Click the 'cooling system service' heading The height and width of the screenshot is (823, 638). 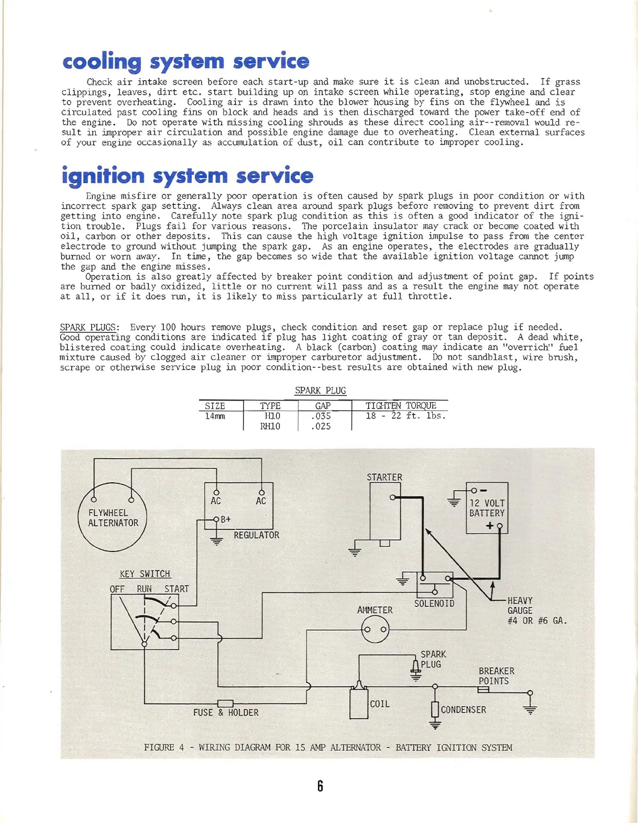(185, 62)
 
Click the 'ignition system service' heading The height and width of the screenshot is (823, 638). (187, 176)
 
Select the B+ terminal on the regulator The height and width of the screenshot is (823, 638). (216, 519)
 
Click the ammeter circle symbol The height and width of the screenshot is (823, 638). (375, 629)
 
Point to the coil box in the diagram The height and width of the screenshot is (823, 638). (359, 702)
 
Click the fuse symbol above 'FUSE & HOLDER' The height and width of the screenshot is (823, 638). (225, 703)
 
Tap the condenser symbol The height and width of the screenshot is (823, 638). (434, 709)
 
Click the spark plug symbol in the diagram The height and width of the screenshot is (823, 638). (416, 667)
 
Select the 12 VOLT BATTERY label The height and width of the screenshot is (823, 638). (487, 508)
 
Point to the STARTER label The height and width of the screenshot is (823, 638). (384, 477)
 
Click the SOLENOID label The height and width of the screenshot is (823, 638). (434, 603)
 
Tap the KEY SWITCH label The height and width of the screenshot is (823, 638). (145, 573)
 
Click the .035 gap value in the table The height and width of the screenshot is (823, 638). (321, 416)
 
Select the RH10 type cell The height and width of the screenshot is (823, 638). (270, 426)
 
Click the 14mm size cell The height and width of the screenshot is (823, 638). (215, 416)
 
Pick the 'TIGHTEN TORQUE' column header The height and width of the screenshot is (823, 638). (401, 405)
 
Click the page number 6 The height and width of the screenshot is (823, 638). (320, 786)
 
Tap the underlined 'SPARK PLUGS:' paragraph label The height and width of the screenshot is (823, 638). (90, 327)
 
